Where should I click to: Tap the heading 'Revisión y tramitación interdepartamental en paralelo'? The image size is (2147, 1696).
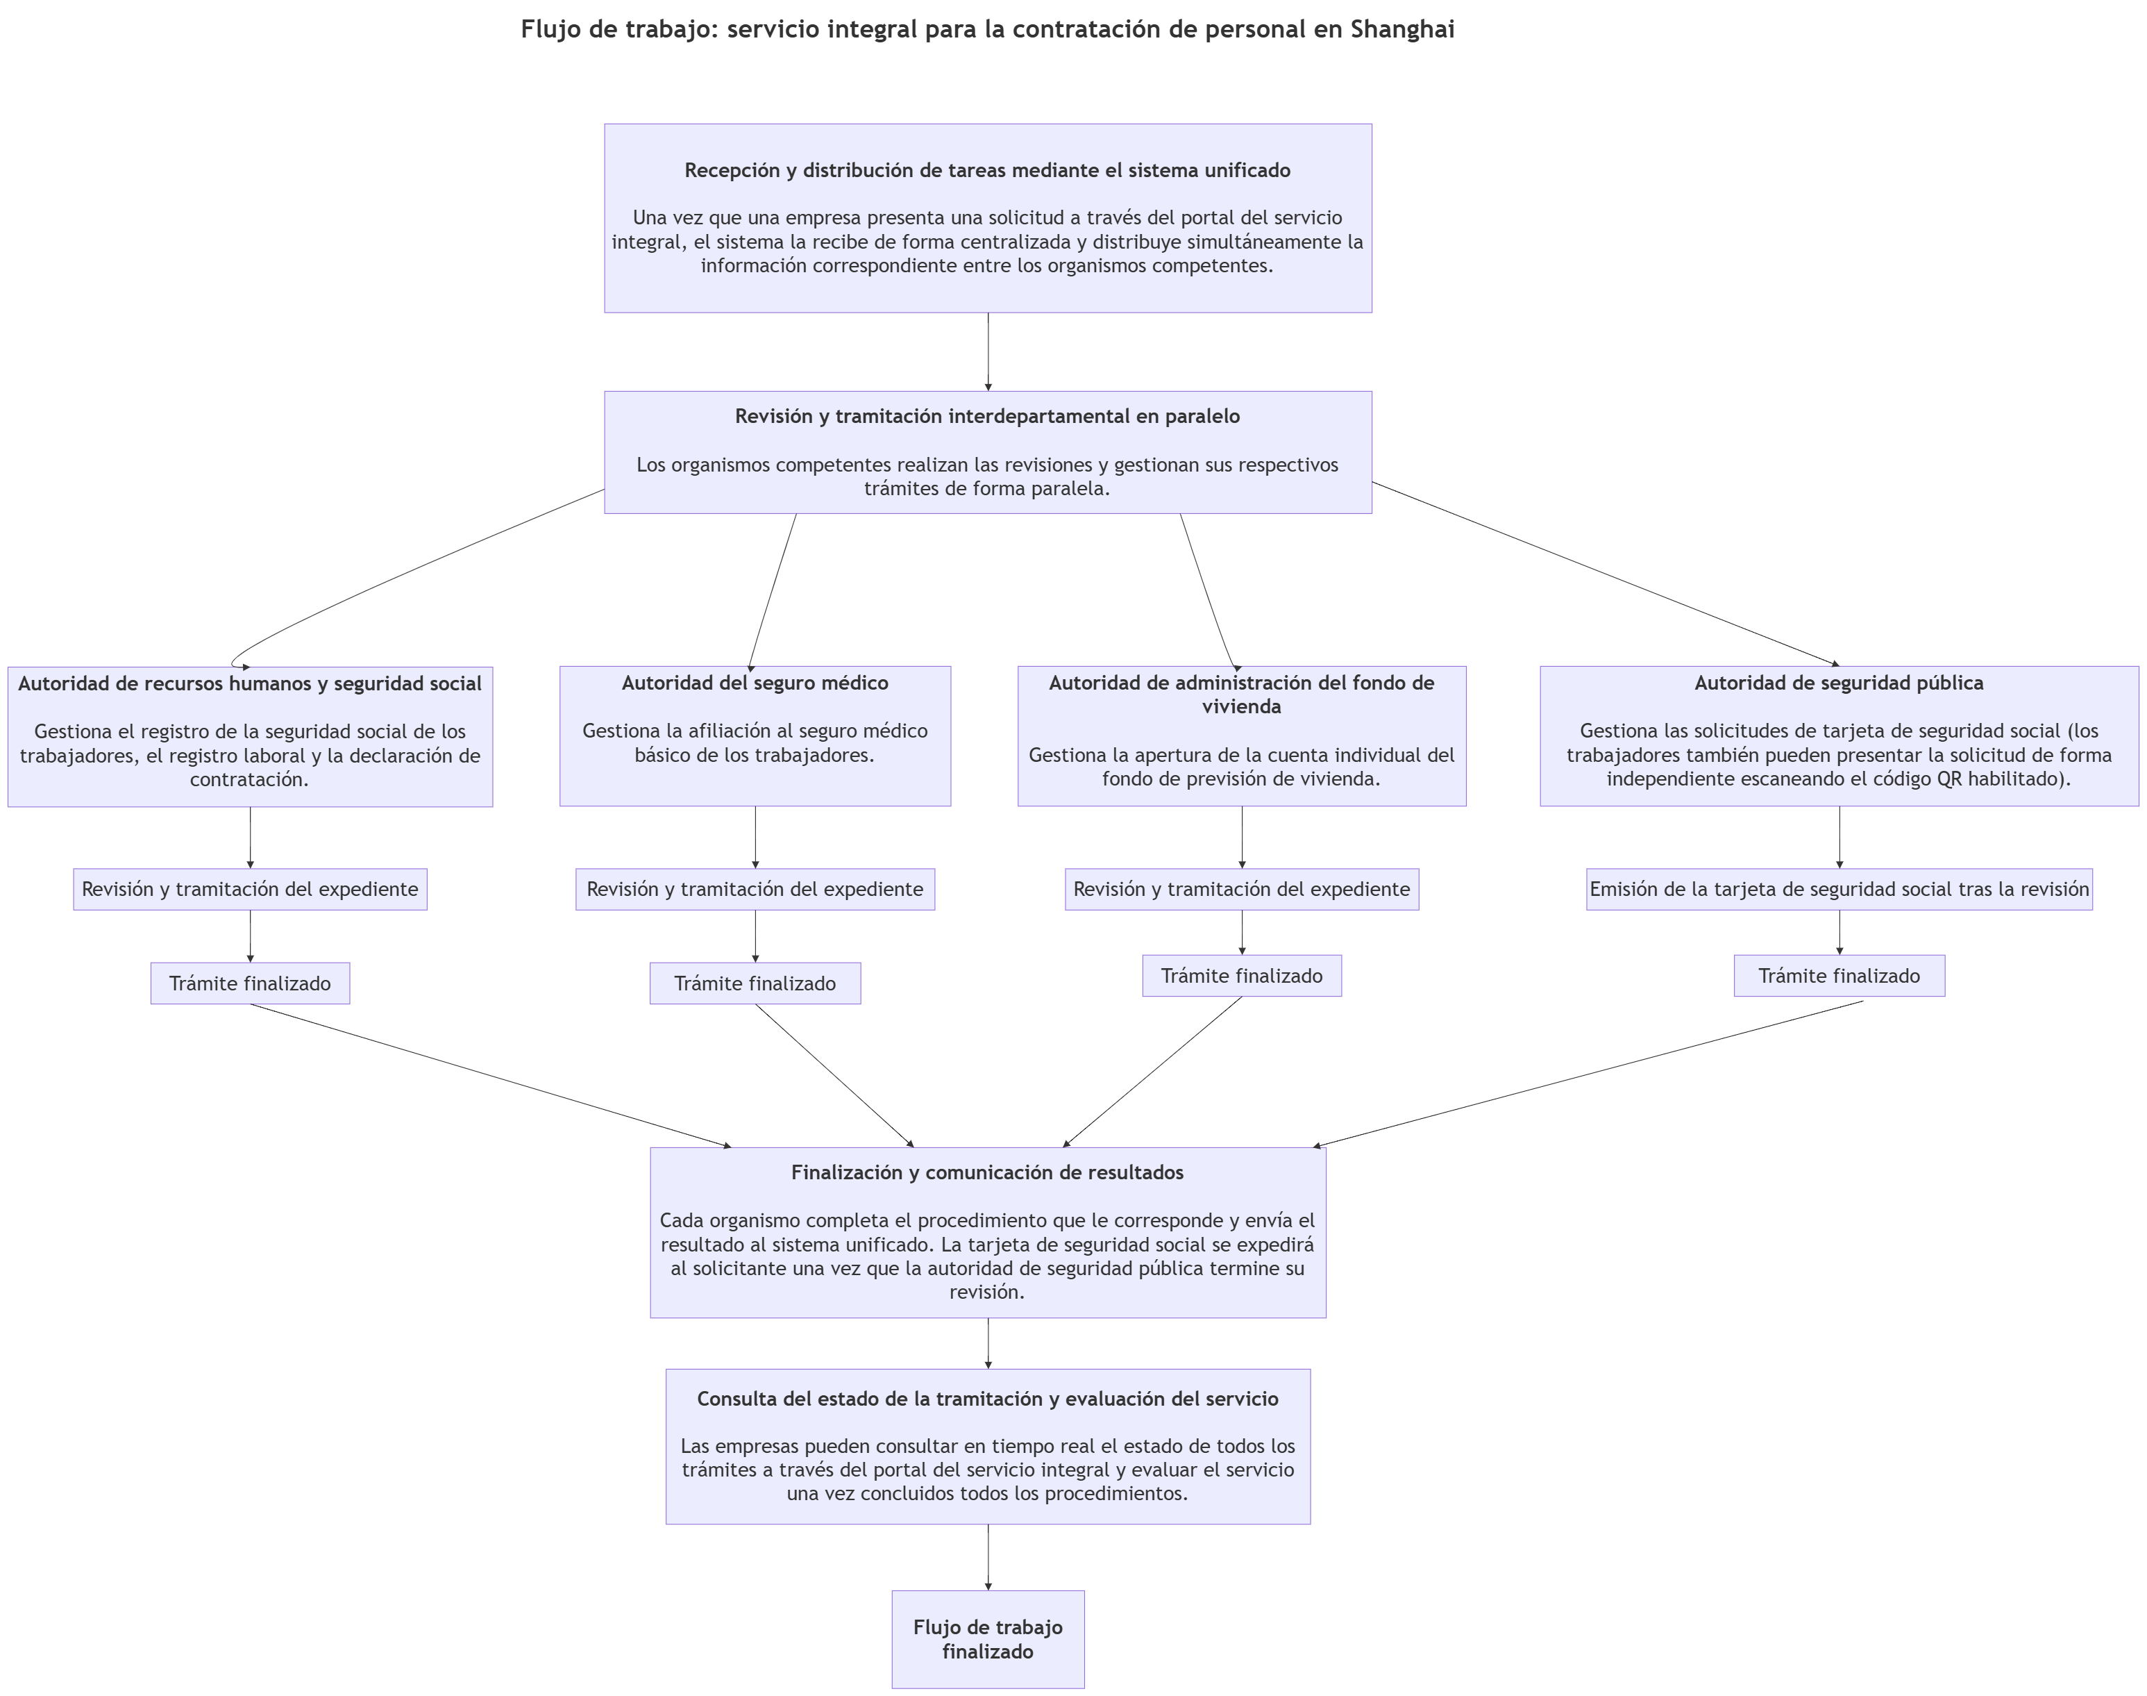point(988,416)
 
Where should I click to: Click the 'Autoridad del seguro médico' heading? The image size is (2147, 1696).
point(755,683)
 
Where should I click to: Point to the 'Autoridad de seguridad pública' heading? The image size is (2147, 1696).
point(1839,683)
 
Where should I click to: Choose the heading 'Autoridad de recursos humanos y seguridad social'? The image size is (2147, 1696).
point(250,684)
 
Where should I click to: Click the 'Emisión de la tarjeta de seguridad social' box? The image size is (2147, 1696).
point(1839,890)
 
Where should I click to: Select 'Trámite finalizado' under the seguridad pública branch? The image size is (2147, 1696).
point(1839,976)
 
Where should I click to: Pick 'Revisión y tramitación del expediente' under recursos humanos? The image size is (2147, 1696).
point(250,890)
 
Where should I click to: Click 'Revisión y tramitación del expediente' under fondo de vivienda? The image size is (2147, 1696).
point(1242,890)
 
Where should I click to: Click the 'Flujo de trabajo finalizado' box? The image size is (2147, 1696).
point(988,1640)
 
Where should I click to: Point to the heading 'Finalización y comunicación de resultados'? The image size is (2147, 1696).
point(988,1173)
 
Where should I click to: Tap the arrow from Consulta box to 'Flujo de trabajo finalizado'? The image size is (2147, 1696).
point(988,1557)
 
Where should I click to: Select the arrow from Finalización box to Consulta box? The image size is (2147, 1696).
point(988,1343)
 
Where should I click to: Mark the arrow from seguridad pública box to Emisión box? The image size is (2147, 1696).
point(1839,837)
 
